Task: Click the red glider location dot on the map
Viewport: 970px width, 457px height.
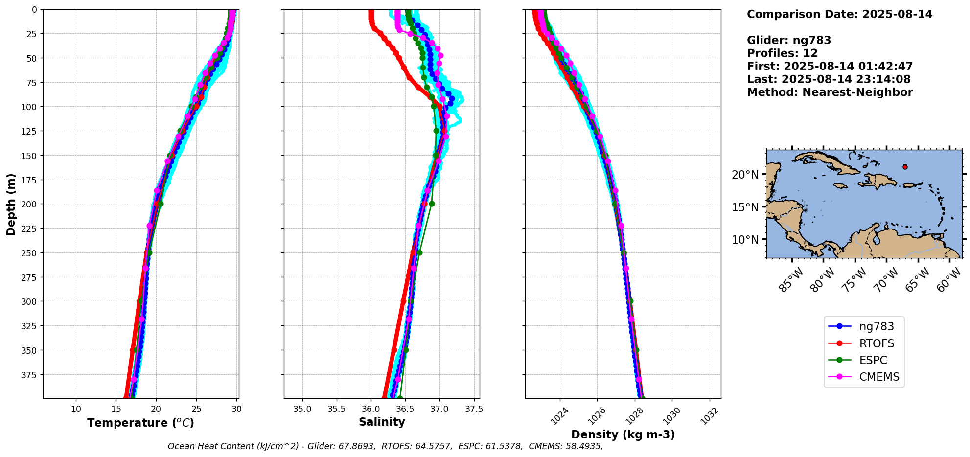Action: pyautogui.click(x=905, y=167)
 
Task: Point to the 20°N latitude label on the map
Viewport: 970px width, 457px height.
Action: pyautogui.click(x=745, y=175)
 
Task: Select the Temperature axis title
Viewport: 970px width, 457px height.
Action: pyautogui.click(x=140, y=423)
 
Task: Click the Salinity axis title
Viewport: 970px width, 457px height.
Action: pyautogui.click(x=382, y=422)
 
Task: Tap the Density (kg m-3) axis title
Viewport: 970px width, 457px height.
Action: pyautogui.click(x=623, y=434)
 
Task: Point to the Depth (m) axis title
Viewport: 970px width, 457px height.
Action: pyautogui.click(x=11, y=204)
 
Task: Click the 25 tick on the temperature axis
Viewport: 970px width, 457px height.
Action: pyautogui.click(x=196, y=409)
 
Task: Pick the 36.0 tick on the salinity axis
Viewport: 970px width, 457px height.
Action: pyautogui.click(x=370, y=409)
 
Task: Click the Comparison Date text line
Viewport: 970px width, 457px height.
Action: pyautogui.click(x=839, y=14)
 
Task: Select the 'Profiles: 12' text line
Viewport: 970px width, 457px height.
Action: pyautogui.click(x=782, y=53)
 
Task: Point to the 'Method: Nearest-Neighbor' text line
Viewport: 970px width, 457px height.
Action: pyautogui.click(x=830, y=92)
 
